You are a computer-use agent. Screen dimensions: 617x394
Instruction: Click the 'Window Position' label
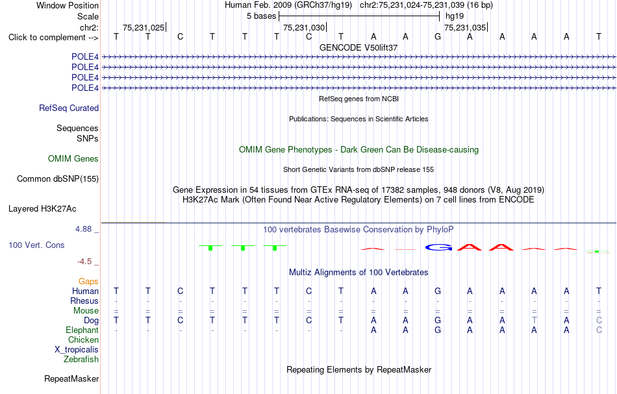[x=68, y=5]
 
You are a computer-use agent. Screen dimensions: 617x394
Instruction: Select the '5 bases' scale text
[x=261, y=16]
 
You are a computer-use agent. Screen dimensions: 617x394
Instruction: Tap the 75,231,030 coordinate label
[x=304, y=27]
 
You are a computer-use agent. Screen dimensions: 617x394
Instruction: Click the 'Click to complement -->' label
[x=53, y=38]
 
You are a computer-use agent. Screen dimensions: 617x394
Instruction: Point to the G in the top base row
[x=438, y=36]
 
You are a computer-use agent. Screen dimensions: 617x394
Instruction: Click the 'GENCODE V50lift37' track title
[x=359, y=47]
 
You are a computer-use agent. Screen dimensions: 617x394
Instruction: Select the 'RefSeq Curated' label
[x=69, y=108]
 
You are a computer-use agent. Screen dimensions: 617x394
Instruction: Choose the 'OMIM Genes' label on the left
[x=73, y=158]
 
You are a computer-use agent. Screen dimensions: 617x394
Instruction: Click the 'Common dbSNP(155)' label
[x=58, y=179]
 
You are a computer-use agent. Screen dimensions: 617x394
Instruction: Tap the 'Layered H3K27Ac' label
[x=42, y=209]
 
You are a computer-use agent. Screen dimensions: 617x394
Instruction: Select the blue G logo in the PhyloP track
[x=438, y=247]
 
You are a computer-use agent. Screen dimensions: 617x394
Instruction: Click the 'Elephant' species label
[x=82, y=330]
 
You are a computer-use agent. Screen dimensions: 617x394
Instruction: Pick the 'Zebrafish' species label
[x=81, y=360]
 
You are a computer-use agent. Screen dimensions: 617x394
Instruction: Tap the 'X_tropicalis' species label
[x=77, y=350]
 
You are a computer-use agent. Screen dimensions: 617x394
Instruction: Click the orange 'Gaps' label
[x=88, y=282]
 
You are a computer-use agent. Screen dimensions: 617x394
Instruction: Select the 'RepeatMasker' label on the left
[x=71, y=378]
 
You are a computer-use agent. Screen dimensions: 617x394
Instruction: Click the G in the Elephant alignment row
[x=438, y=330]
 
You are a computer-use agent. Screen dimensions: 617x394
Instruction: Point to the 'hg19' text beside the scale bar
[x=455, y=16]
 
